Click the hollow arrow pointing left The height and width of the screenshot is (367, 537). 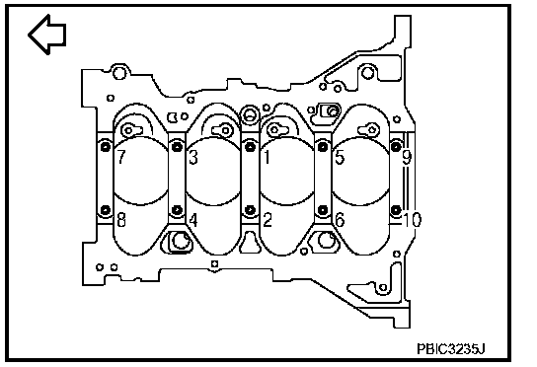pos(46,35)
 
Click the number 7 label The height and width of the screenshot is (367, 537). pos(121,157)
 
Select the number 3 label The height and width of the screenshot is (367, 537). pos(193,157)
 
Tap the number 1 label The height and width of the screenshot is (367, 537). pos(267,157)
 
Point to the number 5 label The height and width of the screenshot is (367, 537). pos(340,157)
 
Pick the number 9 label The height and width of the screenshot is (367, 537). pos(407,158)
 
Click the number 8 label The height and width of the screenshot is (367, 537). pos(121,220)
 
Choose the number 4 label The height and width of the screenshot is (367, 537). pos(193,220)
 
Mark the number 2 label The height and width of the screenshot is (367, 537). pos(268,220)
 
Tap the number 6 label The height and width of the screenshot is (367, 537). pos(340,220)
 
